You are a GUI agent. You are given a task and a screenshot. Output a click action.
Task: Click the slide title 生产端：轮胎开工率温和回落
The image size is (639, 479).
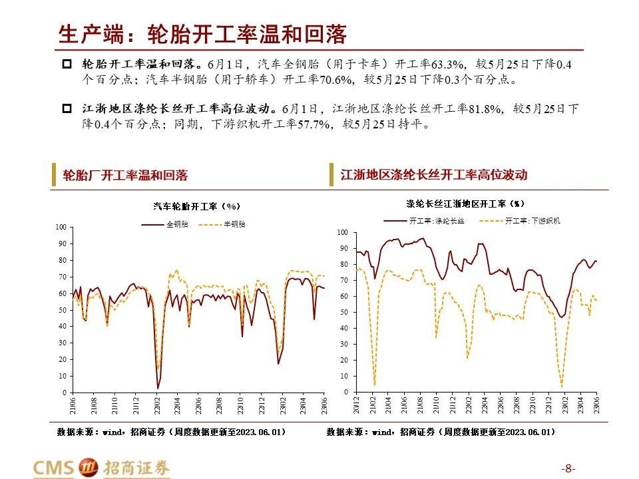(x=203, y=33)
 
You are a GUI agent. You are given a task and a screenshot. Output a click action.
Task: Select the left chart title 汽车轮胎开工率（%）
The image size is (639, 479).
(x=196, y=206)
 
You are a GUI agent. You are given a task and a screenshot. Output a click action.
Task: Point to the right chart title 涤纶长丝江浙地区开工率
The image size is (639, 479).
(x=465, y=203)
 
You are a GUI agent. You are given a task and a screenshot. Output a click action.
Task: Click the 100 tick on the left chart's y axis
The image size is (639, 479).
(x=61, y=228)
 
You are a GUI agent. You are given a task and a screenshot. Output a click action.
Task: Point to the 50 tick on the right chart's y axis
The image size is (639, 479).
(x=344, y=312)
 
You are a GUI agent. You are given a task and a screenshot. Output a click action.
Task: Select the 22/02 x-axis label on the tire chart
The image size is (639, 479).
(x=157, y=405)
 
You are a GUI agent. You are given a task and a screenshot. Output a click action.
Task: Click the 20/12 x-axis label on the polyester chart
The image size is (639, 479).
(x=357, y=404)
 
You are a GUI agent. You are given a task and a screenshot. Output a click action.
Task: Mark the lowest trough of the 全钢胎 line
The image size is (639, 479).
(x=158, y=388)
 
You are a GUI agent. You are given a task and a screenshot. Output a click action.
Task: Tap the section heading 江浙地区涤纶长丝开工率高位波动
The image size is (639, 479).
(x=434, y=175)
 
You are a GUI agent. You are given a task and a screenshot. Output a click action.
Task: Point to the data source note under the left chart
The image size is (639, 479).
(x=172, y=432)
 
